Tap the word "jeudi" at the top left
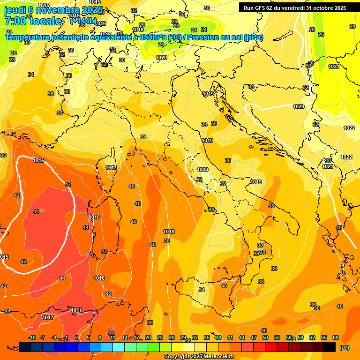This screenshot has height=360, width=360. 15,10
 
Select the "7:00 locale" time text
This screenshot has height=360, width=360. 33,21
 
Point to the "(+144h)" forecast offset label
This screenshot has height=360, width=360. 83,21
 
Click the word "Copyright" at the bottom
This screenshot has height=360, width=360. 176,357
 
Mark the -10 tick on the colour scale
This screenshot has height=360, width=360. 32,337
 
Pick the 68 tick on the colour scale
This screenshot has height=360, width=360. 336,337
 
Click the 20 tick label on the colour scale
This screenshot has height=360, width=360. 148,337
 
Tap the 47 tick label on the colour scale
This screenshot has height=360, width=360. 254,337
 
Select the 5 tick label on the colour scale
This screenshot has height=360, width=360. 89,337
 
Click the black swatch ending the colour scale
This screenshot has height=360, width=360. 330,347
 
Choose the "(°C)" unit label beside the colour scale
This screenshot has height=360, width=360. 345,347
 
